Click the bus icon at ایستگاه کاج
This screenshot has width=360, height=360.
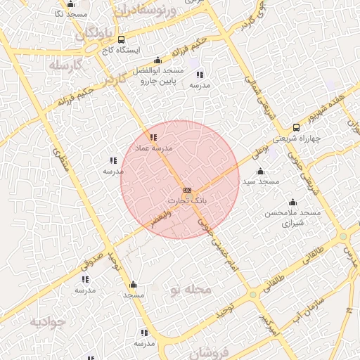(x=122, y=39)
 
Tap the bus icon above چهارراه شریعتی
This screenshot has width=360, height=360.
(x=296, y=127)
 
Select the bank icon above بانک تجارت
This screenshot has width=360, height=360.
(x=187, y=191)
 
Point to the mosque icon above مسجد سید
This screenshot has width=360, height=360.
(x=261, y=171)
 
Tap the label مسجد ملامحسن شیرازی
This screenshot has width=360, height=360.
(x=292, y=217)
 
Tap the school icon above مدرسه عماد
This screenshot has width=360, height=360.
(x=153, y=136)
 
